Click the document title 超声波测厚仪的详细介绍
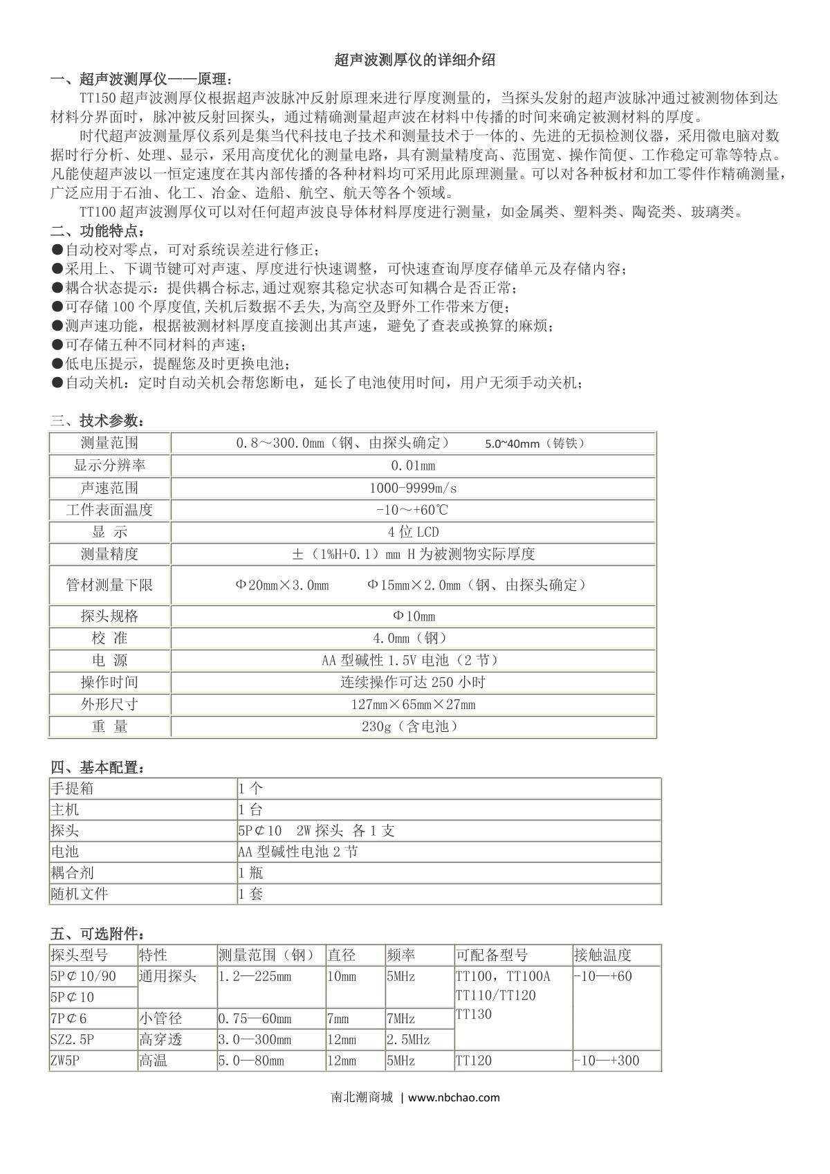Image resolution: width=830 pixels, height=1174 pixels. tap(414, 60)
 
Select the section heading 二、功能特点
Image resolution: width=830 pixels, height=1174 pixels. tap(98, 230)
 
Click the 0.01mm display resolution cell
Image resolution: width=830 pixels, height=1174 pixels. tap(413, 466)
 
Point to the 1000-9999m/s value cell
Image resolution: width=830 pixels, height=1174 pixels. tap(413, 488)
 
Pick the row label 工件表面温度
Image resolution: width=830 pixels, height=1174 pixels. tap(109, 510)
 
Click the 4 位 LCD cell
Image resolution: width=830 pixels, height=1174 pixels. tap(413, 532)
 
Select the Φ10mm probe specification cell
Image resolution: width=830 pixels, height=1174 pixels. tap(413, 616)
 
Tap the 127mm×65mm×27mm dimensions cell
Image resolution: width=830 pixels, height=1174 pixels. tap(413, 704)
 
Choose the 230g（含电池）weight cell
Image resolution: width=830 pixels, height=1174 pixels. tap(413, 726)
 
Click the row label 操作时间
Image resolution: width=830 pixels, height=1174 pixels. tap(109, 682)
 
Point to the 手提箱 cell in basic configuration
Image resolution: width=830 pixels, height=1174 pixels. tap(72, 788)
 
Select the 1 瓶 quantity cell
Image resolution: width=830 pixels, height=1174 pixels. tap(250, 873)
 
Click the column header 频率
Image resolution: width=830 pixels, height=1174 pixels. tap(401, 955)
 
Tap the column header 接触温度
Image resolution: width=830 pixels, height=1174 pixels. tap(602, 955)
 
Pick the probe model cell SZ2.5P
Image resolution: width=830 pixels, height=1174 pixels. tap(72, 1040)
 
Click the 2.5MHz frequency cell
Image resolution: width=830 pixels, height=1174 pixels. tap(408, 1040)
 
